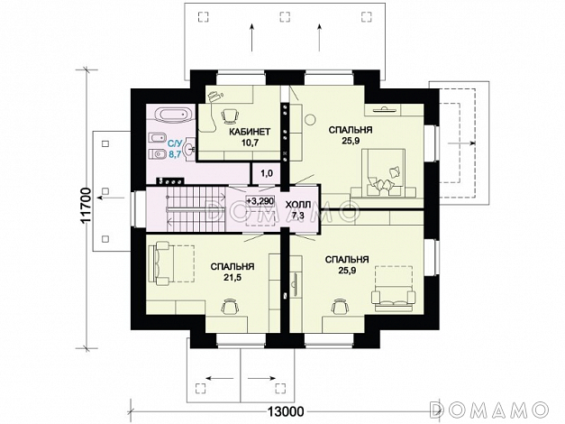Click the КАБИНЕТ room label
click(x=250, y=132)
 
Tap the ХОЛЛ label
click(x=298, y=205)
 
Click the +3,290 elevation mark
click(x=260, y=201)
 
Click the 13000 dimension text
click(x=286, y=411)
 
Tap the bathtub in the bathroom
click(x=173, y=115)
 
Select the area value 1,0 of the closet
click(x=267, y=173)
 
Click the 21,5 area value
click(x=232, y=277)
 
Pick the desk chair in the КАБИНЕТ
click(x=230, y=115)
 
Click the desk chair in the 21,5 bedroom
click(x=229, y=307)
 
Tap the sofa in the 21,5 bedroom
click(x=162, y=263)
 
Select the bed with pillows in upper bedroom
click(x=383, y=172)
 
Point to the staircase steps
click(x=196, y=209)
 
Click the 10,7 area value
click(x=251, y=143)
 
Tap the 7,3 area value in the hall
click(x=298, y=216)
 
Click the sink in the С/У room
click(x=190, y=149)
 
